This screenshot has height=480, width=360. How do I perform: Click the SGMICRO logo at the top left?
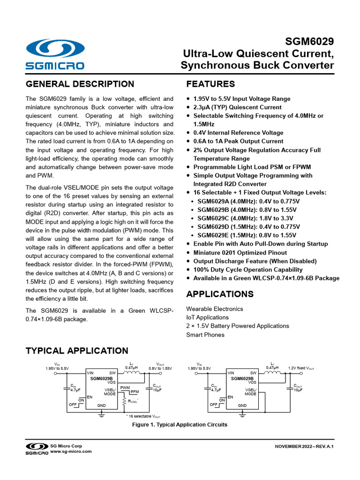coord(55,54)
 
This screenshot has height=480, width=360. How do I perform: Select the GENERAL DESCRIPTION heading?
coord(80,84)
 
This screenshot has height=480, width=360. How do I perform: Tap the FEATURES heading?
coord(211,84)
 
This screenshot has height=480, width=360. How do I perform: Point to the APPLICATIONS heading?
coord(220,294)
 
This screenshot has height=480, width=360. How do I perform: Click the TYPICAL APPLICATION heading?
coord(76,351)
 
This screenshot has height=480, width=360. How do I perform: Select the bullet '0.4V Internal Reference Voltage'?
coord(238,133)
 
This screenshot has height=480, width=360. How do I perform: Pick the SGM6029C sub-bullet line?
coord(248,218)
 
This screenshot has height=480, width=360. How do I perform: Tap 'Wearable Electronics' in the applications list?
coord(215,309)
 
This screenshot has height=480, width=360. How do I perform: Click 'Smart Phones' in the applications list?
coord(205,335)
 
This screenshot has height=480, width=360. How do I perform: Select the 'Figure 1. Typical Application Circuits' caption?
coord(180,425)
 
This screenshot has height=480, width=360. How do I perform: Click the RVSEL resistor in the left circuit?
coord(124,401)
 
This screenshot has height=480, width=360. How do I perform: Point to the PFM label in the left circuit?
coord(135,391)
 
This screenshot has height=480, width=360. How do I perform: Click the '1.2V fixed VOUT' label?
coord(301,368)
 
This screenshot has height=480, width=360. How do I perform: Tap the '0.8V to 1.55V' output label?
coord(160,368)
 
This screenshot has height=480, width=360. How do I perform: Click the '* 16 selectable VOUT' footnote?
coord(143,416)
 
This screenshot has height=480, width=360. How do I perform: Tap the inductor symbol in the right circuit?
coord(272,374)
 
